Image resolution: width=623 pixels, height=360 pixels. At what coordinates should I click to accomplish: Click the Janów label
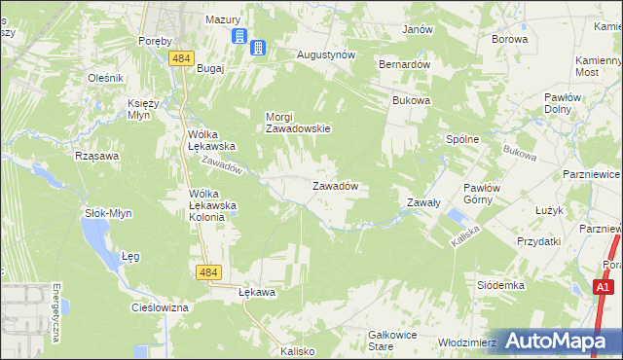[418, 29]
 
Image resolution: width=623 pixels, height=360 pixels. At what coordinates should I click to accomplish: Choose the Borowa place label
[509, 40]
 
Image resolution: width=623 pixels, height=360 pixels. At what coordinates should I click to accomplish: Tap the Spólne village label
[462, 139]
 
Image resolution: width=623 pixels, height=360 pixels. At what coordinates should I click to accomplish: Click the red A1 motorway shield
[604, 287]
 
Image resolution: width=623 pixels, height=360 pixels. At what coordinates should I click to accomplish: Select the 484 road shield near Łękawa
[206, 274]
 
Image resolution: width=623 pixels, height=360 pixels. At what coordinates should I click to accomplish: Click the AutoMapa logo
[559, 341]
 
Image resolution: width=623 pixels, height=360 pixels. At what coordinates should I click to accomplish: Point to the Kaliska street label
[461, 236]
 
